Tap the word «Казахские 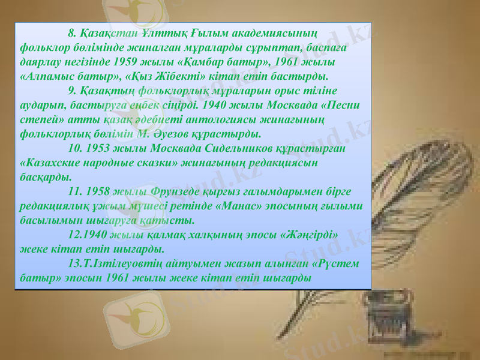pos(52,162)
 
